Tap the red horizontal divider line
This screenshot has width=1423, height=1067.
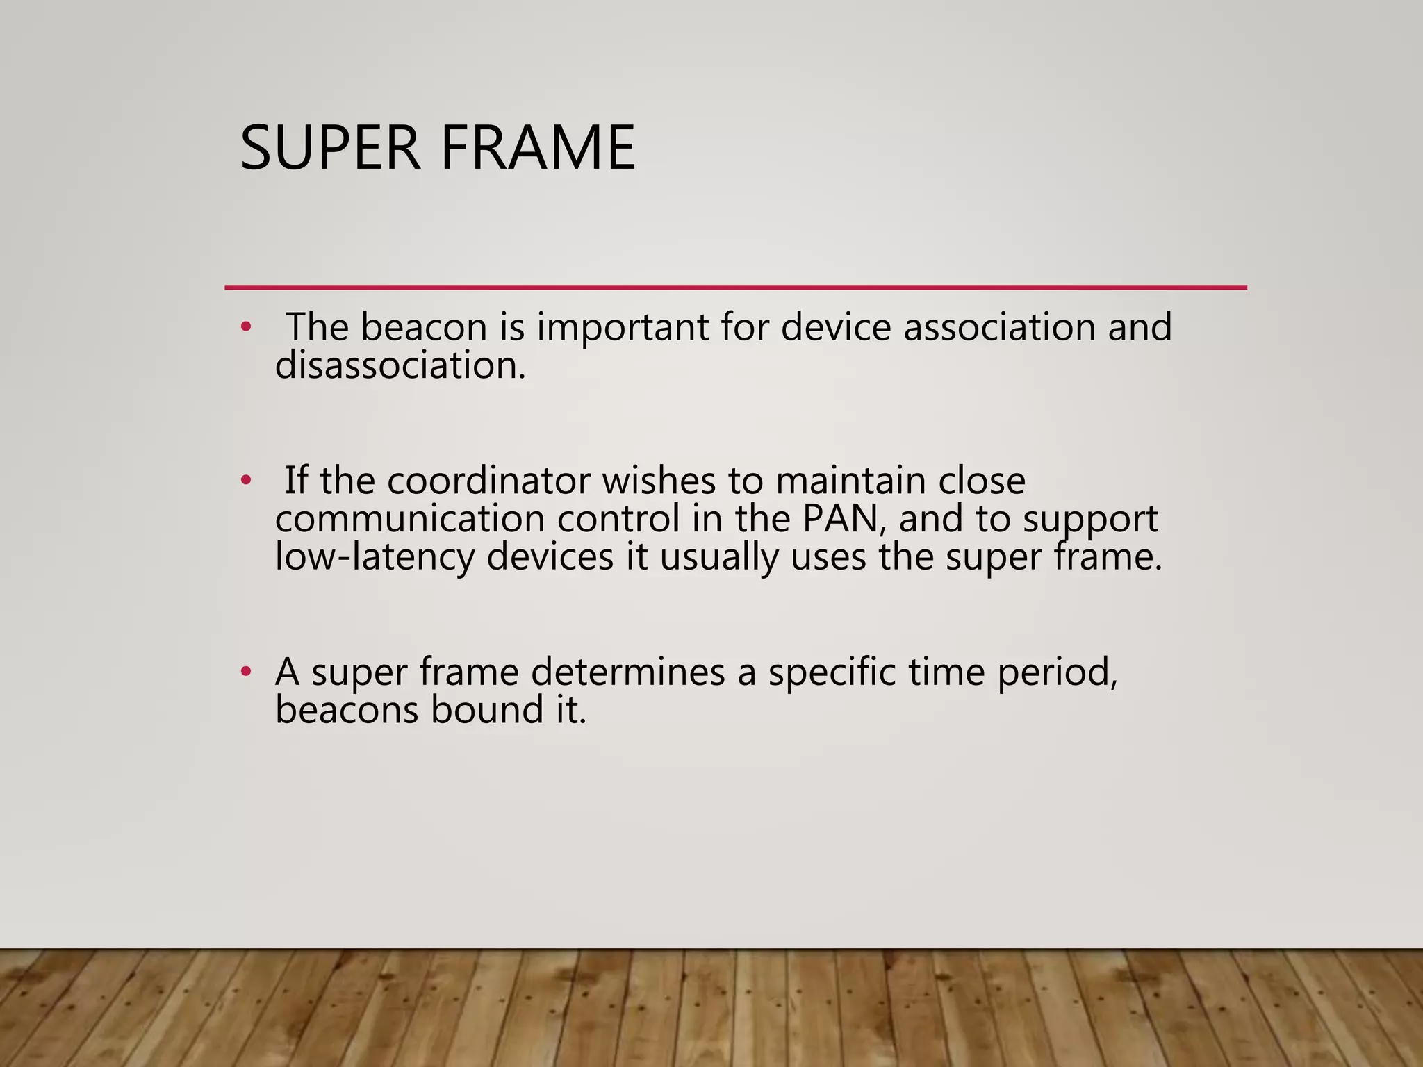pyautogui.click(x=735, y=287)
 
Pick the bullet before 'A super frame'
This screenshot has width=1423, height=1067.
pyautogui.click(x=245, y=672)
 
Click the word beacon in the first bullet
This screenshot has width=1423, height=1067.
pyautogui.click(x=423, y=327)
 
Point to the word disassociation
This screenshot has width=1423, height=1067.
pyautogui.click(x=400, y=365)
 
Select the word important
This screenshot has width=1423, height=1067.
pyautogui.click(x=622, y=328)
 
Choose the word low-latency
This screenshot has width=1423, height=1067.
pyautogui.click(x=375, y=557)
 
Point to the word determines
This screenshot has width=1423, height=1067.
pyautogui.click(x=627, y=672)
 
